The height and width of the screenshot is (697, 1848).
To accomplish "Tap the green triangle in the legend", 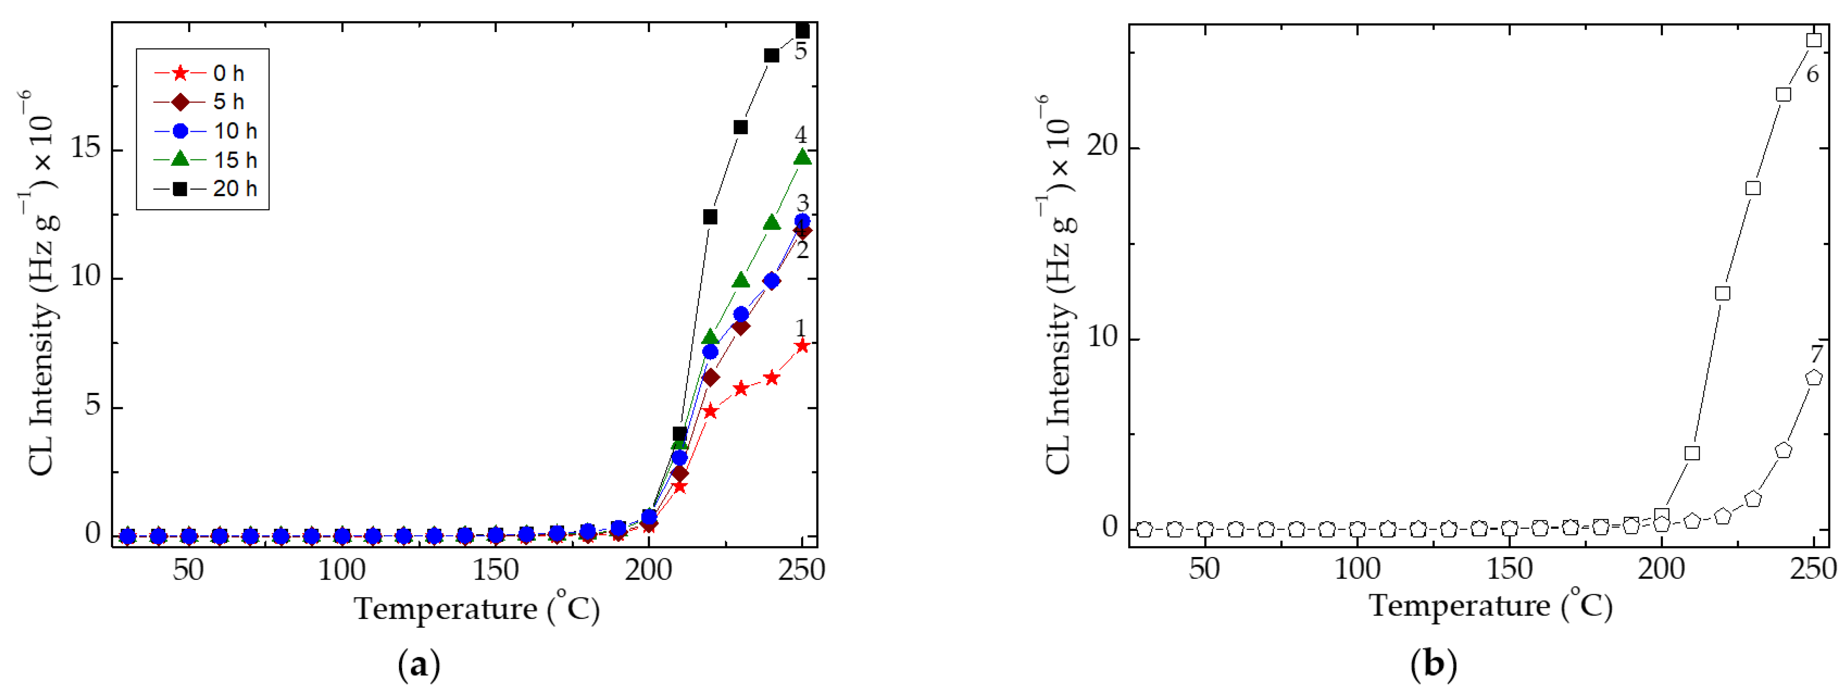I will (180, 159).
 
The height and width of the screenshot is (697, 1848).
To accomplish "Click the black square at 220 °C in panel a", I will (710, 217).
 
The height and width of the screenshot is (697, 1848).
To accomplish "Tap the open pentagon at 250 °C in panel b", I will (1813, 377).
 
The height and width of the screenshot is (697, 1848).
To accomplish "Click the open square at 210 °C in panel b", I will (1692, 453).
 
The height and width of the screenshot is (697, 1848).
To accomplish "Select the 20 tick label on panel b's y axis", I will (1103, 146).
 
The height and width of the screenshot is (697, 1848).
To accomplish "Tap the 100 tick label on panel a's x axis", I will (342, 570).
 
